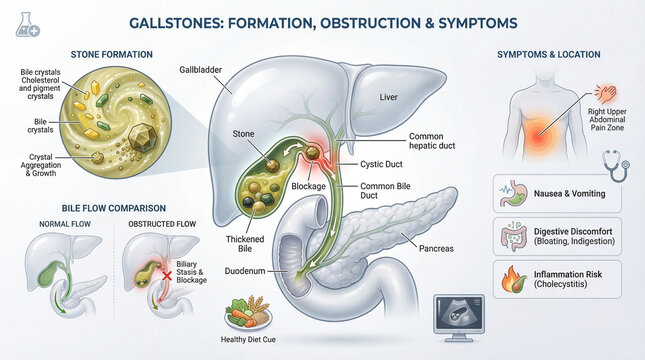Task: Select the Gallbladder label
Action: tap(202, 72)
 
